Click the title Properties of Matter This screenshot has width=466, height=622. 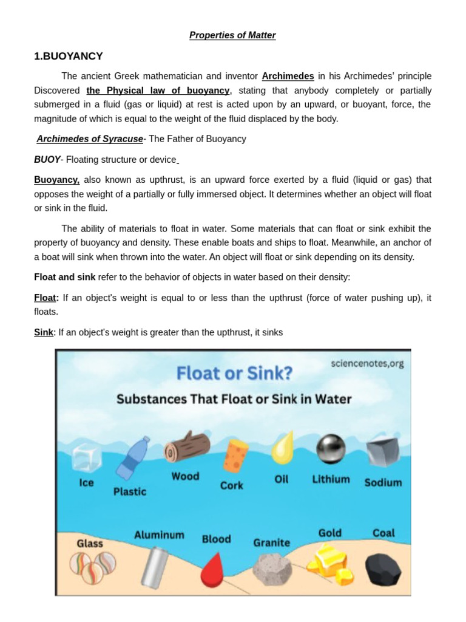tap(232, 35)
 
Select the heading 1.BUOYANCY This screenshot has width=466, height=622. tap(69, 56)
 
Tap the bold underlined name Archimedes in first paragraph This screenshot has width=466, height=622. tap(288, 77)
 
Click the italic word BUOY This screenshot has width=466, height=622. tap(47, 160)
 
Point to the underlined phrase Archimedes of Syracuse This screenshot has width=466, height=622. tap(90, 139)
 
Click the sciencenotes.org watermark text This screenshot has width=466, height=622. tap(366, 363)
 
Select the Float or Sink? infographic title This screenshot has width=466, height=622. tap(233, 373)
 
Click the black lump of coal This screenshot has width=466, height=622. tap(383, 568)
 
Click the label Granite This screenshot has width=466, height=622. tap(271, 542)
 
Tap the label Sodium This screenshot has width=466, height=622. tap(383, 482)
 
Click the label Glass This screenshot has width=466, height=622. tap(90, 544)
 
